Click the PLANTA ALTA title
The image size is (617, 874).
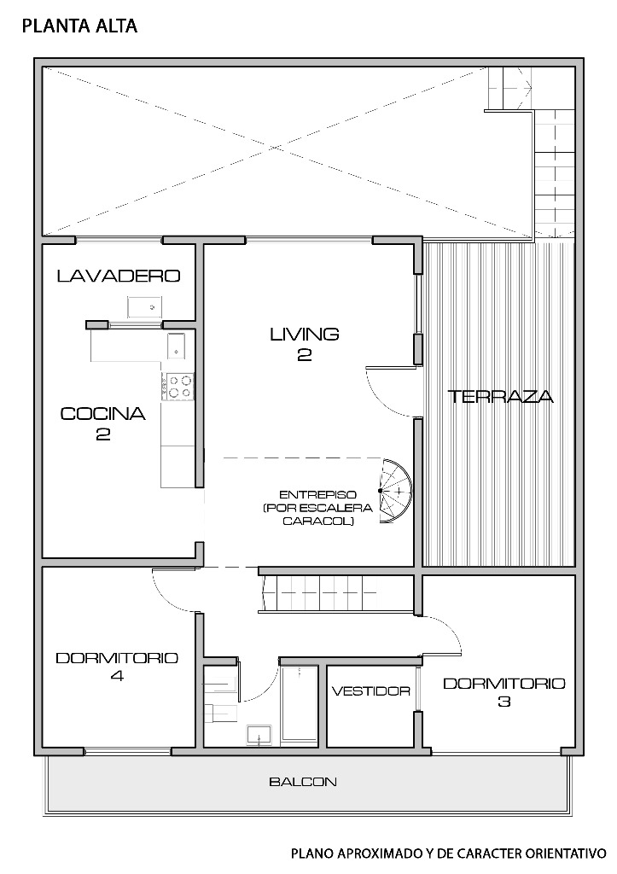click(x=79, y=26)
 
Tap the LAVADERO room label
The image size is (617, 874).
click(x=119, y=276)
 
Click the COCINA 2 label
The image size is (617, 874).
click(x=103, y=423)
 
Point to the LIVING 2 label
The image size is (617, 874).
click(x=305, y=344)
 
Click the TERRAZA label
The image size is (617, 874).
click(x=500, y=396)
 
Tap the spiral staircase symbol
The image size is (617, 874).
click(x=395, y=491)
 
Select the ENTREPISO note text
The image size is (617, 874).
click(x=317, y=508)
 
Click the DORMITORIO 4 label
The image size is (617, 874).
click(x=117, y=667)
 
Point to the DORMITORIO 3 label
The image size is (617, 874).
click(x=503, y=691)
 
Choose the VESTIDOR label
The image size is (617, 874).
click(x=370, y=691)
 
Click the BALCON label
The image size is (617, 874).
click(x=303, y=782)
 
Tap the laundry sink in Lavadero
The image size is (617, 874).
click(x=144, y=307)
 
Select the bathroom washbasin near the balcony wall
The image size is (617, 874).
click(x=259, y=735)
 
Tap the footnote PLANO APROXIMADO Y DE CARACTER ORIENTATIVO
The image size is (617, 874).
click(x=449, y=854)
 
